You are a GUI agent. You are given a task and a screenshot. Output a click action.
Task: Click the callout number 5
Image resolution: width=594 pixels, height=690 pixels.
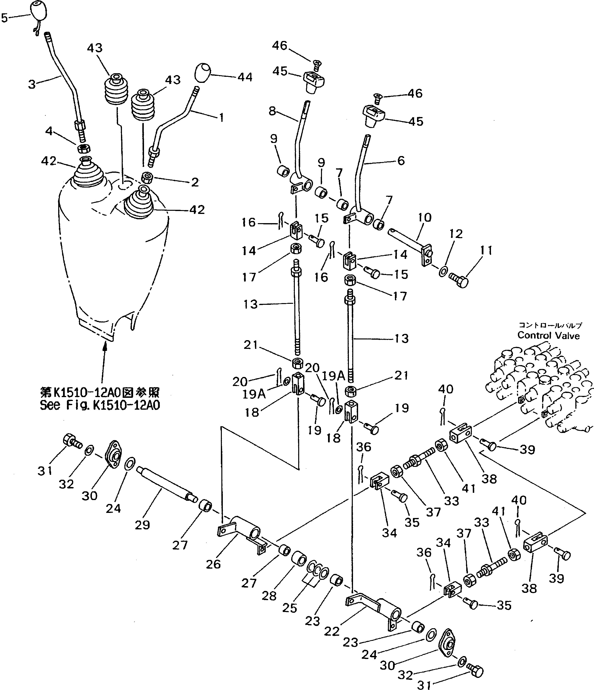click(x=4, y=18)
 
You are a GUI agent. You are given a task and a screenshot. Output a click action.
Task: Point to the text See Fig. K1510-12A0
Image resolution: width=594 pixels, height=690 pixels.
click(x=100, y=405)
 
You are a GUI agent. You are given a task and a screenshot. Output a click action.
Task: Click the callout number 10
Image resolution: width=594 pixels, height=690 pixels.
click(x=424, y=218)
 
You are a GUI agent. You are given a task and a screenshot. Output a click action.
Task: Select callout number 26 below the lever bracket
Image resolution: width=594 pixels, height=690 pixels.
click(x=213, y=564)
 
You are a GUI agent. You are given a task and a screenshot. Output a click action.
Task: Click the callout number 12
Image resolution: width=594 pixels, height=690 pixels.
click(x=456, y=234)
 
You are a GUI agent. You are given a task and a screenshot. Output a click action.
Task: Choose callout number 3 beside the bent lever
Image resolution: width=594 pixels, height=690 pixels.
click(x=32, y=84)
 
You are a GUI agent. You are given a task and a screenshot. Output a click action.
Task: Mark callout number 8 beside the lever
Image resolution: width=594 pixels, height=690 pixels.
click(x=272, y=111)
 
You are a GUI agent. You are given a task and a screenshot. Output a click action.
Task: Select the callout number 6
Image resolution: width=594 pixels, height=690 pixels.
click(x=401, y=161)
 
